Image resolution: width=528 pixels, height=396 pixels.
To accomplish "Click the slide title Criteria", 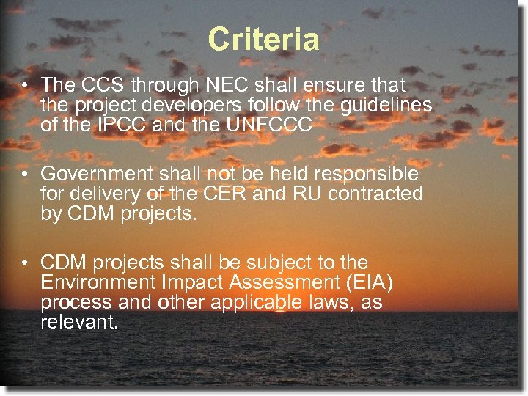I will [x=263, y=40].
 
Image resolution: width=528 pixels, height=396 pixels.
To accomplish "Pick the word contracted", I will [x=385, y=194].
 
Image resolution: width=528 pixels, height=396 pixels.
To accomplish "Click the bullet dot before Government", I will [x=25, y=175].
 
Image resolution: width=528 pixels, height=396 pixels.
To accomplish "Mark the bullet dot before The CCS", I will [x=25, y=86].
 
